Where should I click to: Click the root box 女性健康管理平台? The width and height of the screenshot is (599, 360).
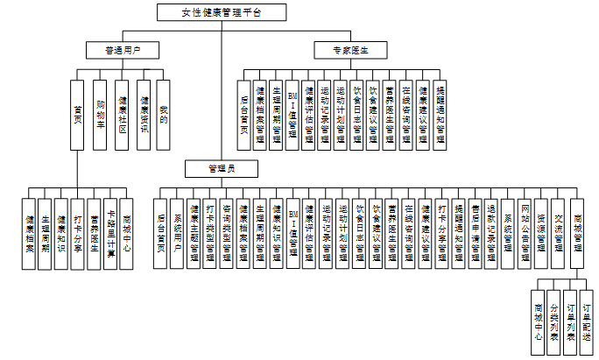221,12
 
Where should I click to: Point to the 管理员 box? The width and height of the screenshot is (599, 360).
220,167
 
